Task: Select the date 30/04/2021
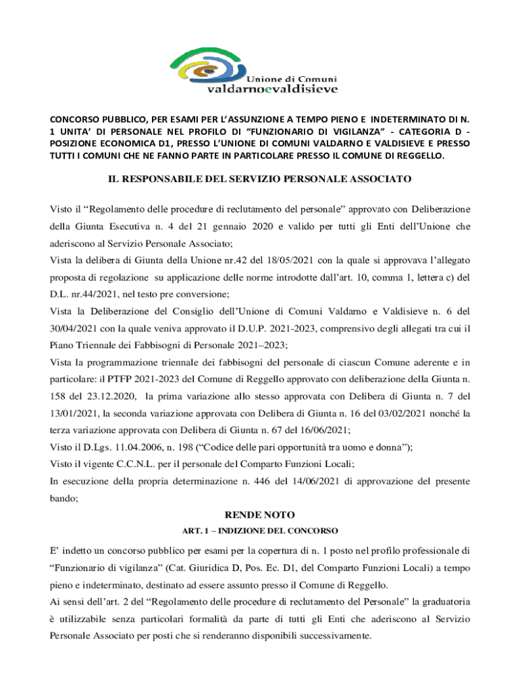click(x=75, y=329)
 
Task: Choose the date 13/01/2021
click(x=75, y=412)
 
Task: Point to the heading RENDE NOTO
click(x=260, y=515)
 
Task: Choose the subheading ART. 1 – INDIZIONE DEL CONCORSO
click(x=260, y=530)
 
